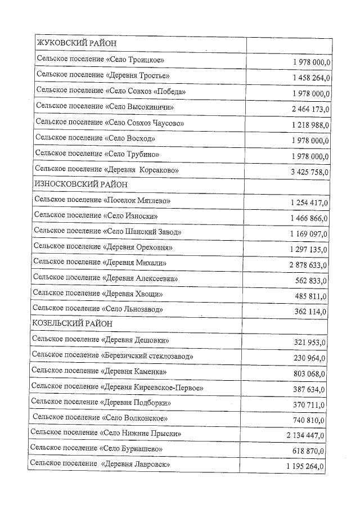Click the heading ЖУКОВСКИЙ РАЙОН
pos(76,43)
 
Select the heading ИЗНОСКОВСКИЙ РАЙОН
pos(81,184)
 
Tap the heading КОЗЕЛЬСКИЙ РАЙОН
pos(72,324)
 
